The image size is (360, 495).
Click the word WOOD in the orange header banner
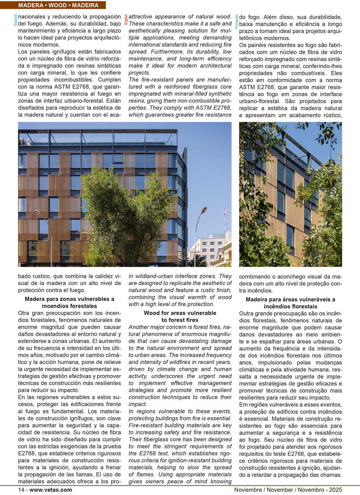[x=58, y=5]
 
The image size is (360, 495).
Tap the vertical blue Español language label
[x=15, y=20]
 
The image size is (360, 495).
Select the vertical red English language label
[x=126, y=19]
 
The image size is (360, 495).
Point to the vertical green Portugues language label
[x=236, y=22]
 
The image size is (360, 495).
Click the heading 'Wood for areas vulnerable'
[x=180, y=313]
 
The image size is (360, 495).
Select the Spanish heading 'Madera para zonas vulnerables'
[x=69, y=299]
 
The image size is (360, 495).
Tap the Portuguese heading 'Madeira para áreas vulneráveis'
[x=290, y=299]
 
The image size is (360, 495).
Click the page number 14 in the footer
[x=21, y=490]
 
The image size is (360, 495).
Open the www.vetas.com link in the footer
[x=50, y=490]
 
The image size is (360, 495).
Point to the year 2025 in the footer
[x=335, y=490]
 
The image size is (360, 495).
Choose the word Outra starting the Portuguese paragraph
[x=247, y=313]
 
